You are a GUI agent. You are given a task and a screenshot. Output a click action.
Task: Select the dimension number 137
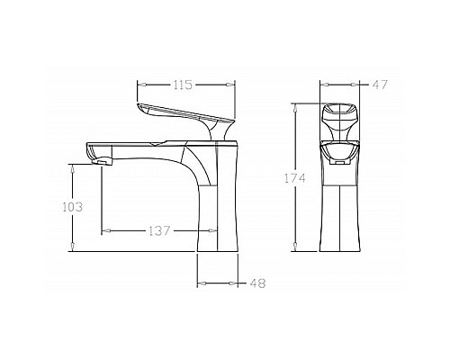[x=158, y=230]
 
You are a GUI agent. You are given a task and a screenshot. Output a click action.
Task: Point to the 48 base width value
[x=257, y=283]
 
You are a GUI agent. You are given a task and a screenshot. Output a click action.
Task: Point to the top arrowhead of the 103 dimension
[x=73, y=166]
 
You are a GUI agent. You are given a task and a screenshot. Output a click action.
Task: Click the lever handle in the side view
[x=180, y=112]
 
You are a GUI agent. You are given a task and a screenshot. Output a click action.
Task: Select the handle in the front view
[x=340, y=117]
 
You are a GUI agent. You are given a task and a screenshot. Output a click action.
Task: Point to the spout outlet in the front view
[x=340, y=163]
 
